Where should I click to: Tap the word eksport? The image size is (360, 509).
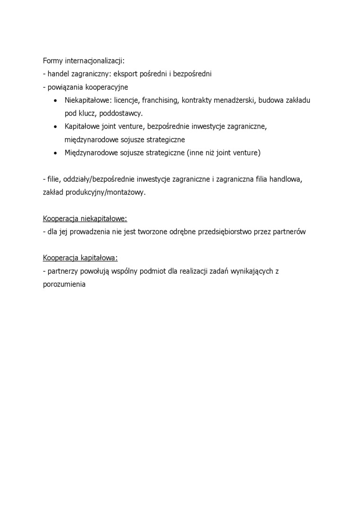pos(127,74)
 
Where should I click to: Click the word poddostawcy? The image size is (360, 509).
pos(121,114)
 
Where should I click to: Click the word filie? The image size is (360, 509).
pos(54,179)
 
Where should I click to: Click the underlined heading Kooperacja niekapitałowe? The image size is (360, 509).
pos(85,219)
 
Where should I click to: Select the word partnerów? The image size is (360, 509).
pos(289,232)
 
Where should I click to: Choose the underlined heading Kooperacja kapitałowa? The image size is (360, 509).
pos(80,258)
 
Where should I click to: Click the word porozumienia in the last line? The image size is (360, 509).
pos(63,285)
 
